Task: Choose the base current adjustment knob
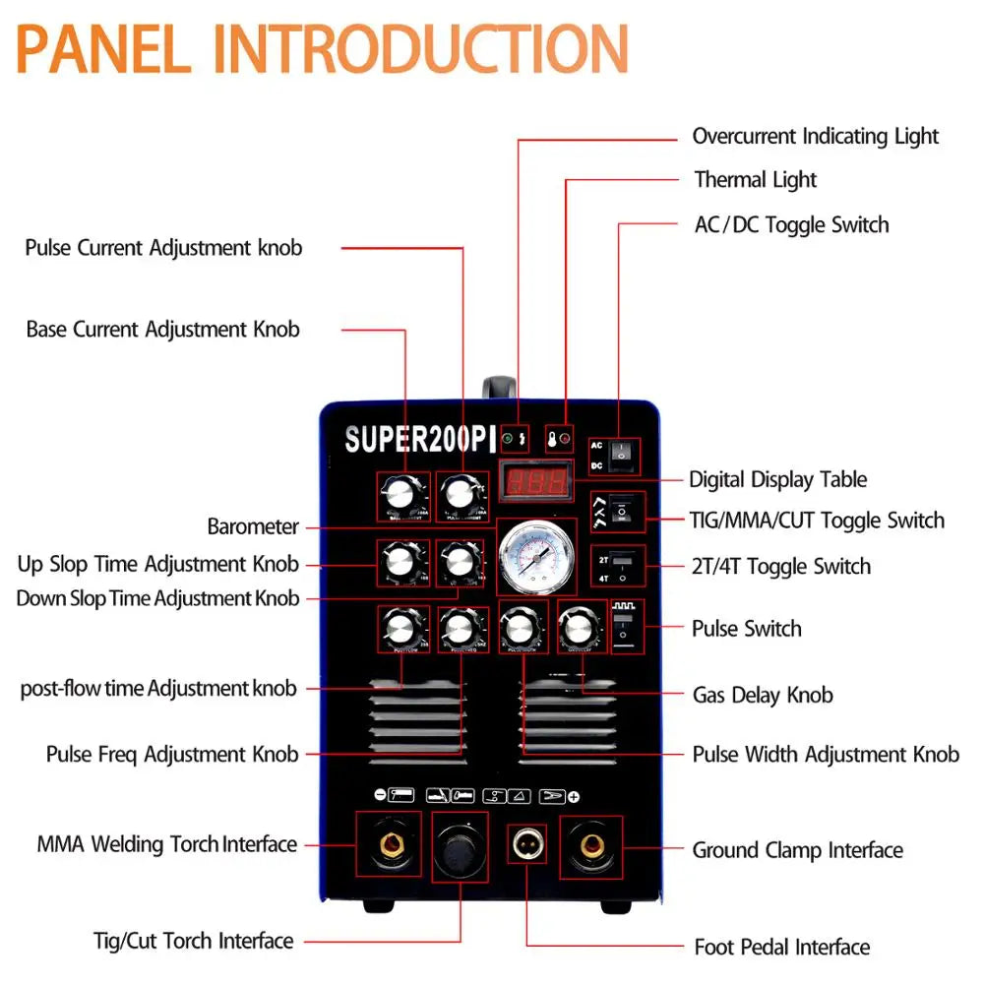point(401,494)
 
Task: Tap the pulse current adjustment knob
point(461,494)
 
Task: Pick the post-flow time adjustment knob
point(401,628)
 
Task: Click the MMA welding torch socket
point(389,844)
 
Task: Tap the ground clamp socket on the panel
point(591,844)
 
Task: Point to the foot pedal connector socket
point(527,844)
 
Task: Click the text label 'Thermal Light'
point(755,180)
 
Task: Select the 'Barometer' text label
point(253,526)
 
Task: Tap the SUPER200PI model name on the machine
point(419,440)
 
